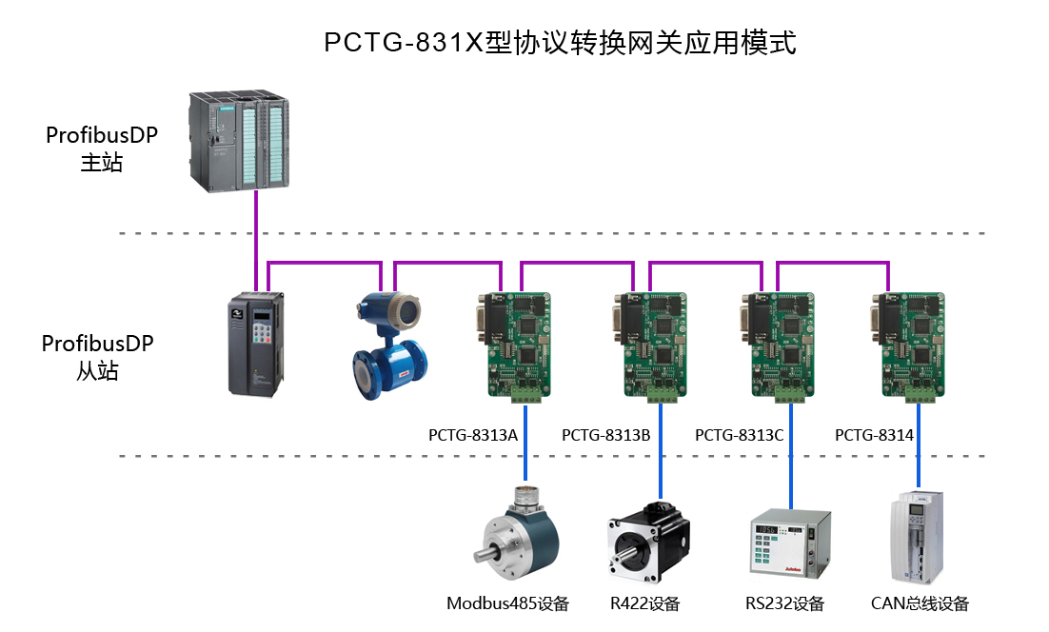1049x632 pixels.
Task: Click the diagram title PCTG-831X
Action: (x=559, y=43)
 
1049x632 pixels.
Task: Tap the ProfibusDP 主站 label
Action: (x=101, y=149)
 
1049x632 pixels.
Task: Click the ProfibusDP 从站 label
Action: (x=97, y=356)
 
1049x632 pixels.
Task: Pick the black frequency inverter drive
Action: (x=255, y=344)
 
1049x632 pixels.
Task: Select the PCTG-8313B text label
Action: (x=605, y=436)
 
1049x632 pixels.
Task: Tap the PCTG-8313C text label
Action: (x=739, y=436)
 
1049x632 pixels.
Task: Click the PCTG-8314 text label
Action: (x=874, y=436)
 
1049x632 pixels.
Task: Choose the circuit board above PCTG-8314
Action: (x=911, y=345)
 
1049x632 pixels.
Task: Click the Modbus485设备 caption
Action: (x=507, y=603)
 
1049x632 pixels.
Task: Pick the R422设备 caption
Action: (x=645, y=603)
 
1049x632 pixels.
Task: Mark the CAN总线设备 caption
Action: (x=920, y=603)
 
